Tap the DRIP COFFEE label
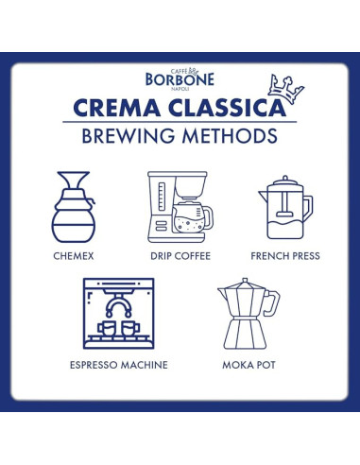tap(180, 256)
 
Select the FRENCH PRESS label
tap(285, 256)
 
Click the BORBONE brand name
tap(180, 80)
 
